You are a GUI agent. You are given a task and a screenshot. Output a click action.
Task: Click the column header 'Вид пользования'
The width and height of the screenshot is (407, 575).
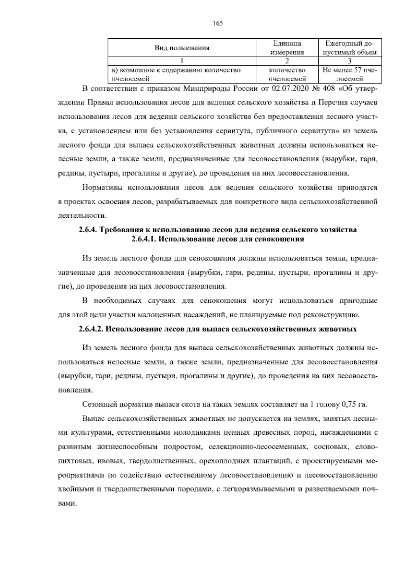182,48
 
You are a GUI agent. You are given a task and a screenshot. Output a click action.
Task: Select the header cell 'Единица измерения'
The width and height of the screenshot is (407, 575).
287,48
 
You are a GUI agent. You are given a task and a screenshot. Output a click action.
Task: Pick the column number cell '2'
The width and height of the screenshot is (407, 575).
287,61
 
